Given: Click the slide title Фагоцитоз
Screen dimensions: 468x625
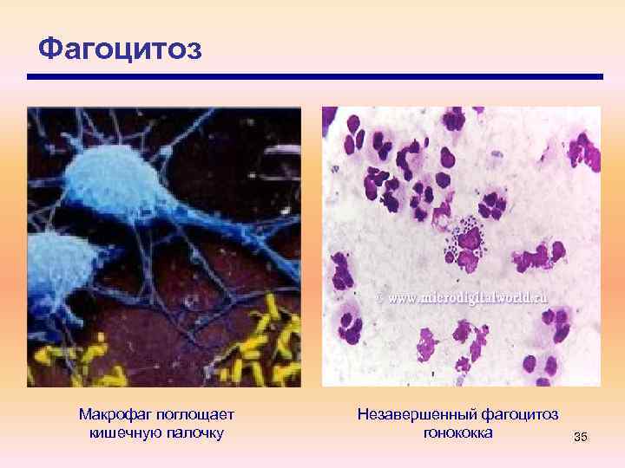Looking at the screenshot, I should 120,49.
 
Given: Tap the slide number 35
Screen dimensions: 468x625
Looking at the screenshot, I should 581,438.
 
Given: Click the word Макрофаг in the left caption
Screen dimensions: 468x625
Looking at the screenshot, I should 112,415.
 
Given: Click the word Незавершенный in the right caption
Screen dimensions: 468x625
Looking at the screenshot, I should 411,415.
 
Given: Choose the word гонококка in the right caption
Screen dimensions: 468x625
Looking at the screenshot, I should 458,432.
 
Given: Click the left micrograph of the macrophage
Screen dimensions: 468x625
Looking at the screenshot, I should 164,246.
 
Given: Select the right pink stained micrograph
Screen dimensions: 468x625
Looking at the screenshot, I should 461,246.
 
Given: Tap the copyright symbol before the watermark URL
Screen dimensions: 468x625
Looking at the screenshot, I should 379,296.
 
